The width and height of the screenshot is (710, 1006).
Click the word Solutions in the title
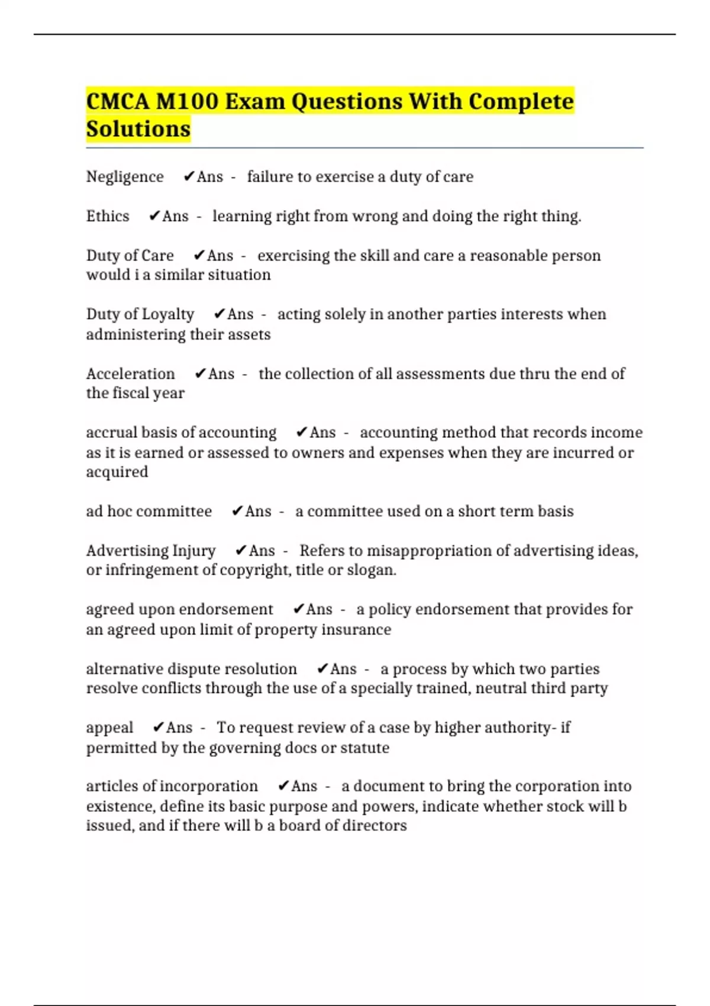(138, 128)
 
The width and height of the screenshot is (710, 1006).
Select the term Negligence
(125, 176)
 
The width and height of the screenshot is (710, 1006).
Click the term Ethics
(108, 216)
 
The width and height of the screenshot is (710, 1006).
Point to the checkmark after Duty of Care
(199, 255)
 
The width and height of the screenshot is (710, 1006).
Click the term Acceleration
(131, 373)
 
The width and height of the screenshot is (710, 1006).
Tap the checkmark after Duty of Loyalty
(220, 314)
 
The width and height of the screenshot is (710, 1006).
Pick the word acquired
(117, 472)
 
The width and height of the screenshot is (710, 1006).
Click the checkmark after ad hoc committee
(237, 511)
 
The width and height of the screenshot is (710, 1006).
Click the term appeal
(109, 728)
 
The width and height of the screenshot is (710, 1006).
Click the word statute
(365, 747)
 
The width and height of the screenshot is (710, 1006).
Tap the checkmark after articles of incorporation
(283, 786)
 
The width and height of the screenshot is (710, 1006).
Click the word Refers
(322, 550)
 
